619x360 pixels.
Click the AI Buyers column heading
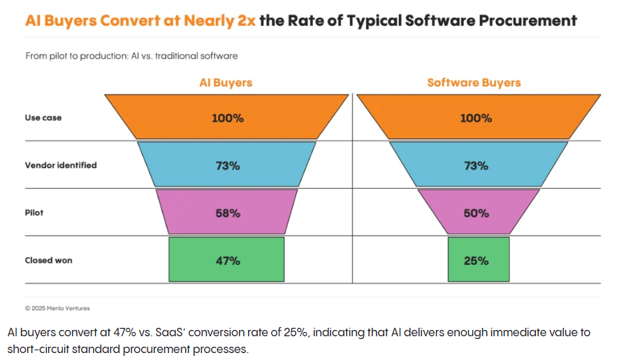click(x=226, y=82)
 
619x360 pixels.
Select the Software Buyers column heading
click(x=474, y=82)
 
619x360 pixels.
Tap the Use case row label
click(x=43, y=118)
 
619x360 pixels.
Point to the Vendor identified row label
click(x=61, y=166)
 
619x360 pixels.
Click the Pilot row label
click(x=34, y=213)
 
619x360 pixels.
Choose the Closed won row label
click(x=49, y=260)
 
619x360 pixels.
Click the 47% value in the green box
click(x=227, y=261)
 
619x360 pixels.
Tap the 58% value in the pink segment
click(x=227, y=213)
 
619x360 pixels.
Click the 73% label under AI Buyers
click(x=227, y=166)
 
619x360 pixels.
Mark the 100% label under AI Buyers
click(x=228, y=118)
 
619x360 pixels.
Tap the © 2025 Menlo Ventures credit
click(x=57, y=308)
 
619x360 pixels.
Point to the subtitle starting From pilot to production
click(x=131, y=55)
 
